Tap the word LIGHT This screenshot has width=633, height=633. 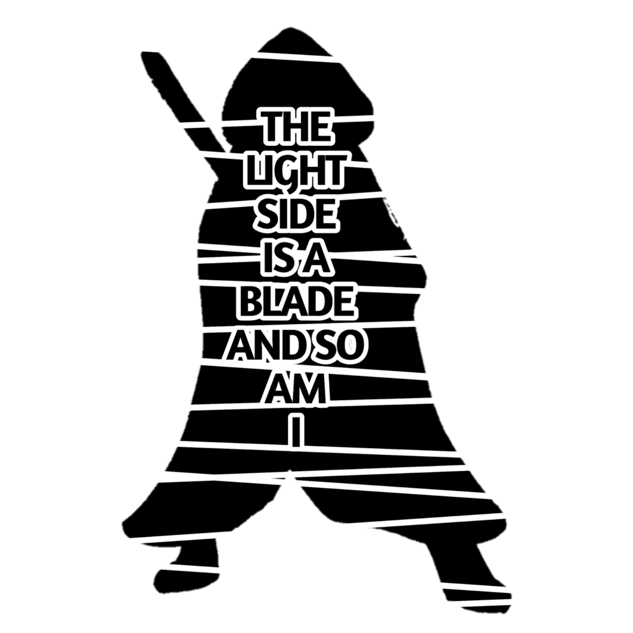click(x=294, y=171)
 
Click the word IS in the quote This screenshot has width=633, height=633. click(x=270, y=258)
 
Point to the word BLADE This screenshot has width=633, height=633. click(x=296, y=302)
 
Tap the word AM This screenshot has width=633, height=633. click(x=296, y=390)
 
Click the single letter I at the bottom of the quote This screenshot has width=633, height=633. click(x=297, y=431)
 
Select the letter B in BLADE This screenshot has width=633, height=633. click(x=248, y=302)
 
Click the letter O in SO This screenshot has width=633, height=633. click(x=350, y=347)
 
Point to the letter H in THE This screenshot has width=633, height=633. click(x=294, y=127)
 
